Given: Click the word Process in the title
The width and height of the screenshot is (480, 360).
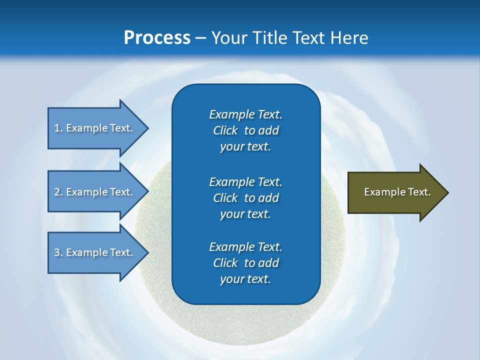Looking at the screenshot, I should click(157, 37).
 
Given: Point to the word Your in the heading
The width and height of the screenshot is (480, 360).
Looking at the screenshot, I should click(229, 37).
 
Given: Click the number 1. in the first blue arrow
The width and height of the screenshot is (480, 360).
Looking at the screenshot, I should click(58, 128).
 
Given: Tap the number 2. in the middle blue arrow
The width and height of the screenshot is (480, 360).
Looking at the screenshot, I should click(58, 192).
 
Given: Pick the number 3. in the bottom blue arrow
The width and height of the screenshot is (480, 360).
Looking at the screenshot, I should click(58, 252).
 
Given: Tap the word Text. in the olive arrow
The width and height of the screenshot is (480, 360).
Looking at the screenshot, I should click(419, 192).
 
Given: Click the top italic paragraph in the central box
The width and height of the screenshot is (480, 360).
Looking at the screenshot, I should click(245, 130).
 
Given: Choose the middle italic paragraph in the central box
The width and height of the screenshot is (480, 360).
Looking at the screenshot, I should click(245, 198).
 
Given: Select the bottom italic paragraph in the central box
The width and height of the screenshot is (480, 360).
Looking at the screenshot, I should click(245, 263).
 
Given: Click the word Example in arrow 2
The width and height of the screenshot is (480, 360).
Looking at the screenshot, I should click(86, 192).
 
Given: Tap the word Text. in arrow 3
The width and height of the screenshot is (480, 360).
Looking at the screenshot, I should click(121, 252).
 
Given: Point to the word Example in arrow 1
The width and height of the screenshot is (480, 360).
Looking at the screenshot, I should click(86, 128).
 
